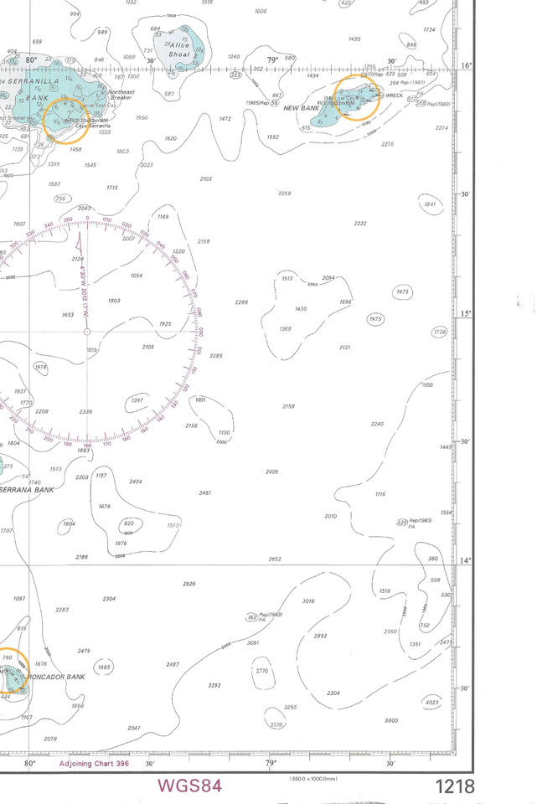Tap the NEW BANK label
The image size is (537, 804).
tap(302, 109)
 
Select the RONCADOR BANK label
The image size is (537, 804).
tap(56, 677)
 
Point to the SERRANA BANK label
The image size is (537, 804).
tap(29, 490)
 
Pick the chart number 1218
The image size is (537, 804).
tap(454, 786)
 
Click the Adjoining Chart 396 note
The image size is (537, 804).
tap(94, 764)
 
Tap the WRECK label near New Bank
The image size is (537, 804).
tap(394, 95)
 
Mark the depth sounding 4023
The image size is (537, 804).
tap(432, 702)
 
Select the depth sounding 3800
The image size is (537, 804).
tap(391, 720)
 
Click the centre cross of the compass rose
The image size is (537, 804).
tap(87, 332)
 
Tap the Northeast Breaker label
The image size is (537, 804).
tap(121, 94)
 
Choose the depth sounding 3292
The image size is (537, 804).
tap(214, 685)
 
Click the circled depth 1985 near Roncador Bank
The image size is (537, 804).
tap(104, 667)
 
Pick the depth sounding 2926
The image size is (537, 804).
tap(188, 584)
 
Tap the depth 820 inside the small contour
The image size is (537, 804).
tap(128, 523)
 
